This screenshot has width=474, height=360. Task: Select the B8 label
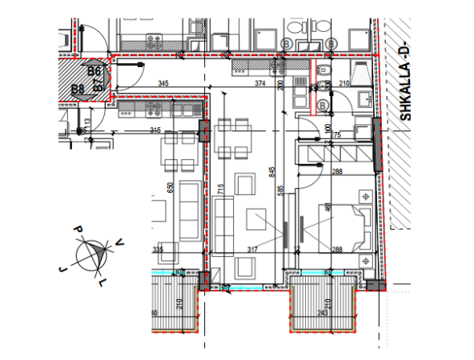pos(78,89)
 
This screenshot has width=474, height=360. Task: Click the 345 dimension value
pos(163,83)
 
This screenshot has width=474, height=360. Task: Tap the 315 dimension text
pos(155,130)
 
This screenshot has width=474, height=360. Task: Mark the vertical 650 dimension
pos(169,187)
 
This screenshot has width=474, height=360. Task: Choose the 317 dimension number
pos(253,250)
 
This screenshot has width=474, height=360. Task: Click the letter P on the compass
pos(78,230)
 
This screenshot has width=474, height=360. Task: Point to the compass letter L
pos(102,283)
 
